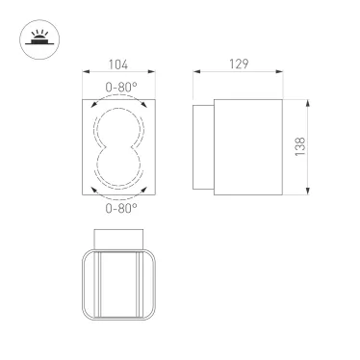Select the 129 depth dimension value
click(240, 64)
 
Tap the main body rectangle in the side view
click(246, 146)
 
